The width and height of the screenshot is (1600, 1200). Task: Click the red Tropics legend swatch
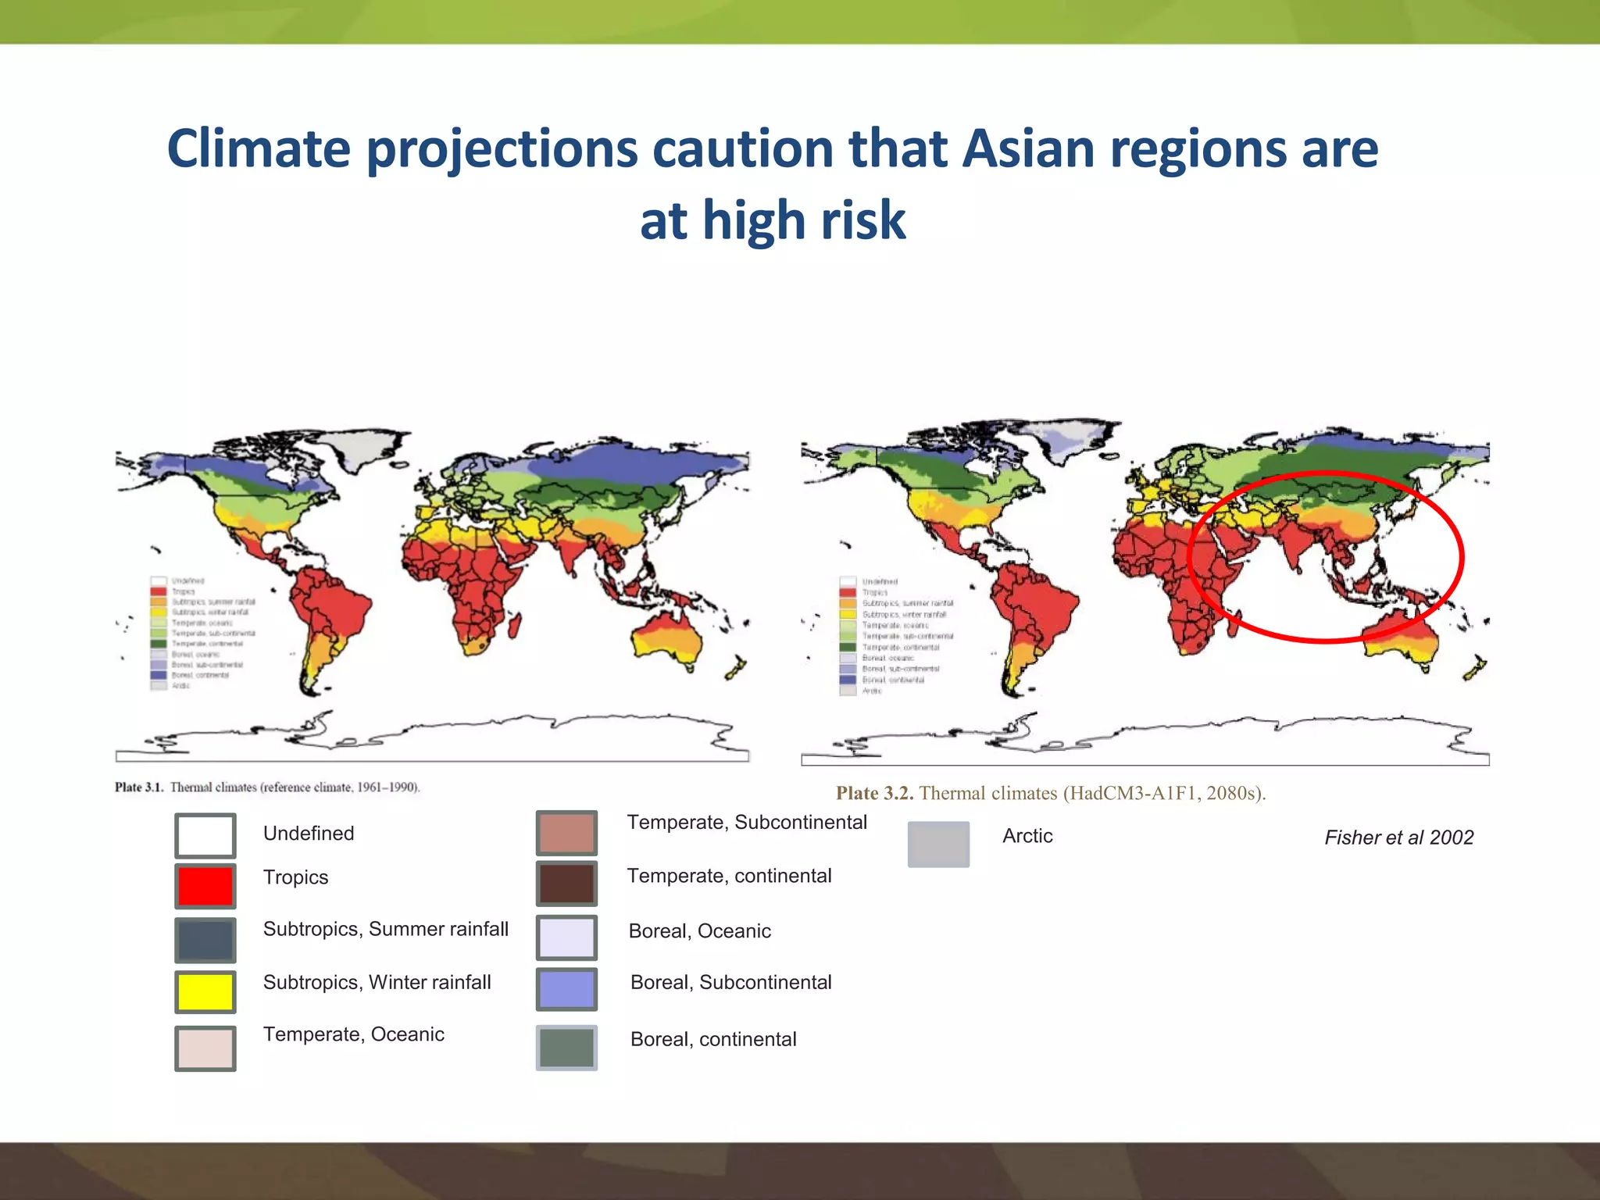[205, 886]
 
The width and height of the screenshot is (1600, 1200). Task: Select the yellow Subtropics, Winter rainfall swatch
[205, 991]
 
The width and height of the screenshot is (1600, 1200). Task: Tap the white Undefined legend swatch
[205, 835]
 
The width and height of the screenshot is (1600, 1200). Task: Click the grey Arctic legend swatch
[938, 844]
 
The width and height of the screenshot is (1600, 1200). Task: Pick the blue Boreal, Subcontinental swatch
[566, 989]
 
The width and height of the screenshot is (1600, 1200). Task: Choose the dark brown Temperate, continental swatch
[566, 883]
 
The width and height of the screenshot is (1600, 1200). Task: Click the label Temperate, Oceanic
[353, 1034]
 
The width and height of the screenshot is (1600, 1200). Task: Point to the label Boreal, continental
[712, 1039]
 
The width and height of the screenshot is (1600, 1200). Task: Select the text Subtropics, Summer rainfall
[385, 929]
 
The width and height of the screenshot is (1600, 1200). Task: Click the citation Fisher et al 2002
[1398, 837]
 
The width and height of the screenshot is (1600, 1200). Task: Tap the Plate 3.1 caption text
[267, 787]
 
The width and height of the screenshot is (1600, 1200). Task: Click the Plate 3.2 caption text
[1050, 793]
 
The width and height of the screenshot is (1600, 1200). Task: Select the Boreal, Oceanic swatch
[566, 937]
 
